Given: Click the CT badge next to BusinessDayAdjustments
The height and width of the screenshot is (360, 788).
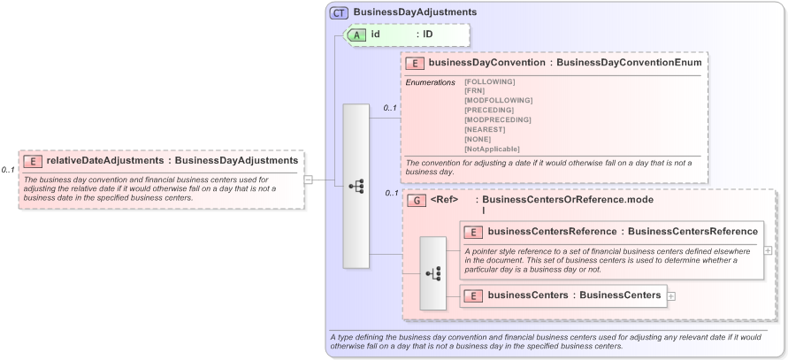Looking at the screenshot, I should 339,12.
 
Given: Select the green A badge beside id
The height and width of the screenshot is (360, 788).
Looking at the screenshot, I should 357,34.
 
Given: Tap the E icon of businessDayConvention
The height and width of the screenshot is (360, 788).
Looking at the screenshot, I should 415,63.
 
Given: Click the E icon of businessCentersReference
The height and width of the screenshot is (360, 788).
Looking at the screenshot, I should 473,232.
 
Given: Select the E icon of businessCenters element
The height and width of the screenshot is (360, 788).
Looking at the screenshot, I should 473,295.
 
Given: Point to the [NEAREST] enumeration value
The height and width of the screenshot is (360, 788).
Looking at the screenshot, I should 486,129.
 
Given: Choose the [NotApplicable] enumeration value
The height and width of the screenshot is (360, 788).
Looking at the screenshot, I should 492,149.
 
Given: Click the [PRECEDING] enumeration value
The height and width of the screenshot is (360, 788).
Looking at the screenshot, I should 489,110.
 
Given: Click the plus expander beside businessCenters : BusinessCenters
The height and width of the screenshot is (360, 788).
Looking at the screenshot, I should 671,295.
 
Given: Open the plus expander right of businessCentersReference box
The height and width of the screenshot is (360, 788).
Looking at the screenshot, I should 767,250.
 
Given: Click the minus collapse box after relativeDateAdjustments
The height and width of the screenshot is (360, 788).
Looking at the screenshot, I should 308,180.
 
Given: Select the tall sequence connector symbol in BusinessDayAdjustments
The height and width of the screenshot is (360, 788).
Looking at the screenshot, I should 356,186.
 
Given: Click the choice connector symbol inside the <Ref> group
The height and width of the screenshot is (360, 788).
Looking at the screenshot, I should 432,273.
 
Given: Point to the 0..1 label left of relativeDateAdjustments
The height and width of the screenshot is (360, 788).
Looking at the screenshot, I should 8,169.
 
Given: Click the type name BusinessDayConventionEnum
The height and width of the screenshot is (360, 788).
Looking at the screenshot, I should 631,63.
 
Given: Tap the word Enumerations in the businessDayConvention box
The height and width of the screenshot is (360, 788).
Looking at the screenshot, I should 430,82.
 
